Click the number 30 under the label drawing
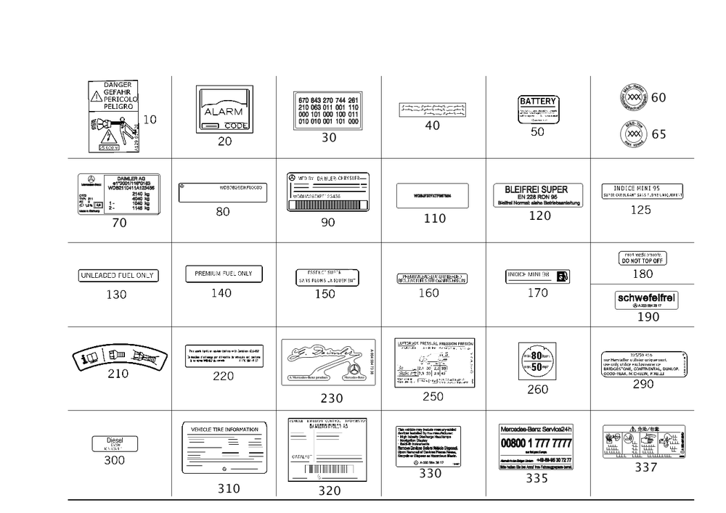point(329,138)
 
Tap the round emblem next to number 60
point(632,97)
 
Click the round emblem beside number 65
point(632,134)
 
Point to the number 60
point(659,97)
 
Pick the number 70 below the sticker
point(119,223)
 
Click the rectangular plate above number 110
point(433,195)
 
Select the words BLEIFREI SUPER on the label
point(539,190)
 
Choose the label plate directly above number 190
point(646,298)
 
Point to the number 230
point(330,398)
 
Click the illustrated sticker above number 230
point(329,361)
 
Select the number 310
point(228,488)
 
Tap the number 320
point(329,491)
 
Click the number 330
point(431,472)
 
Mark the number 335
point(537,478)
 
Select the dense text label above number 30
point(328,110)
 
